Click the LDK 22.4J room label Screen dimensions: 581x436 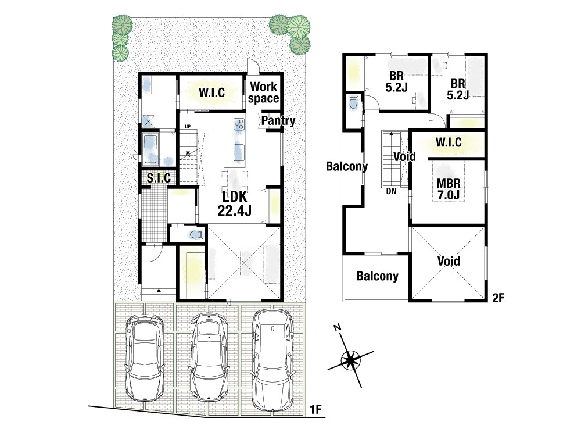pyautogui.click(x=234, y=203)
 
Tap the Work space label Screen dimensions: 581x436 pyautogui.click(x=263, y=92)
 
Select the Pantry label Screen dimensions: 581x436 pyautogui.click(x=278, y=120)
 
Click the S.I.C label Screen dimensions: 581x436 pyautogui.click(x=159, y=178)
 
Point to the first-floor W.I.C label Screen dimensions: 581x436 pyautogui.click(x=211, y=92)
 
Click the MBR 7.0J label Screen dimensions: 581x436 pyautogui.click(x=449, y=189)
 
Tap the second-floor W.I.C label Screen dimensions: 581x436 pyautogui.click(x=449, y=142)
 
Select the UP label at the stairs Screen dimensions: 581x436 pyautogui.click(x=188, y=127)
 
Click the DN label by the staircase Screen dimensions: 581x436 pyautogui.click(x=391, y=192)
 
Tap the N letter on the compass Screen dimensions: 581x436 pyautogui.click(x=337, y=328)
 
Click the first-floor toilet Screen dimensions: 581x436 pyautogui.click(x=197, y=235)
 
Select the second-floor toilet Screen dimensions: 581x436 pyautogui.click(x=352, y=103)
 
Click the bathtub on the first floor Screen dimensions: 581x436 pyautogui.click(x=150, y=150)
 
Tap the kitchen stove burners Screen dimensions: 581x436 pyautogui.click(x=239, y=124)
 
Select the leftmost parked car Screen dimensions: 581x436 pyautogui.click(x=144, y=358)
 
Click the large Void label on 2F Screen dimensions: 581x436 pyautogui.click(x=449, y=261)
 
